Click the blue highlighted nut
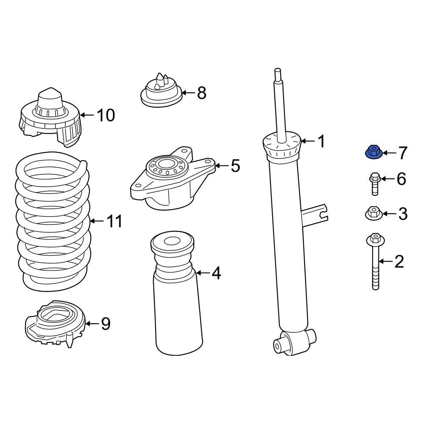[x=372, y=152]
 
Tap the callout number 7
[x=402, y=153]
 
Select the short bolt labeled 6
[x=375, y=184]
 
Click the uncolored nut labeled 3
[x=372, y=213]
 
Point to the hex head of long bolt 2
[x=374, y=239]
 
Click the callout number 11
[x=114, y=221]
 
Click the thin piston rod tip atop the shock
[x=278, y=72]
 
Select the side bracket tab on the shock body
[x=316, y=212]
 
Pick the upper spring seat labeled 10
[x=50, y=119]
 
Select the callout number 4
[x=216, y=274]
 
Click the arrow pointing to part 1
[x=308, y=141]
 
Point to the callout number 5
[x=235, y=166]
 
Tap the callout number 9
[x=105, y=324]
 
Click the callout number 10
[x=106, y=115]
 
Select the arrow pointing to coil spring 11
[x=97, y=221]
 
